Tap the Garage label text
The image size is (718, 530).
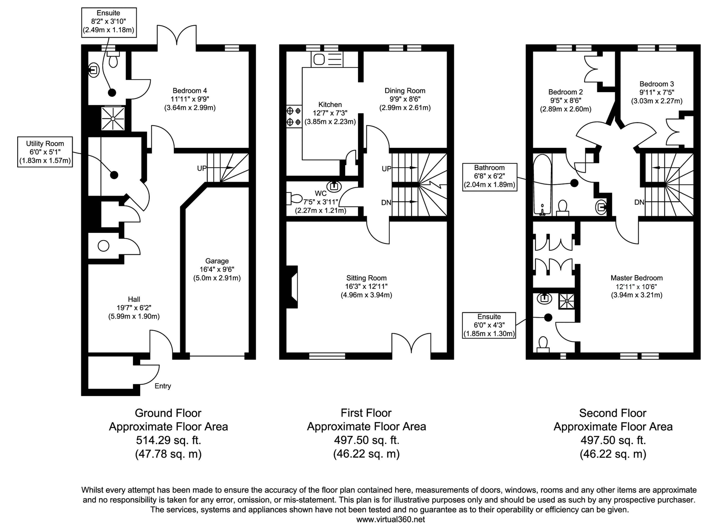point(217,261)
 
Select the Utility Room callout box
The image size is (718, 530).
point(45,152)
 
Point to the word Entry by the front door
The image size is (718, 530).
point(163,386)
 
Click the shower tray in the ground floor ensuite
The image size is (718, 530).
point(113,118)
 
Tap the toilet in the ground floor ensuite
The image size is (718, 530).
point(113,60)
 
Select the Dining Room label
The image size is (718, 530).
point(405,91)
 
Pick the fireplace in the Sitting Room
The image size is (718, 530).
point(292,287)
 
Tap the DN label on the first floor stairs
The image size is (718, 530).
point(386,203)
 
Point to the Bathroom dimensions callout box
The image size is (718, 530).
point(489,176)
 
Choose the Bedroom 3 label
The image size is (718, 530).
point(656,84)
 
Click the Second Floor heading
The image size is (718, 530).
point(612,413)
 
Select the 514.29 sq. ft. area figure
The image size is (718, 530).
point(168,440)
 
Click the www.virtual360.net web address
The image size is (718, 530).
point(390,519)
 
